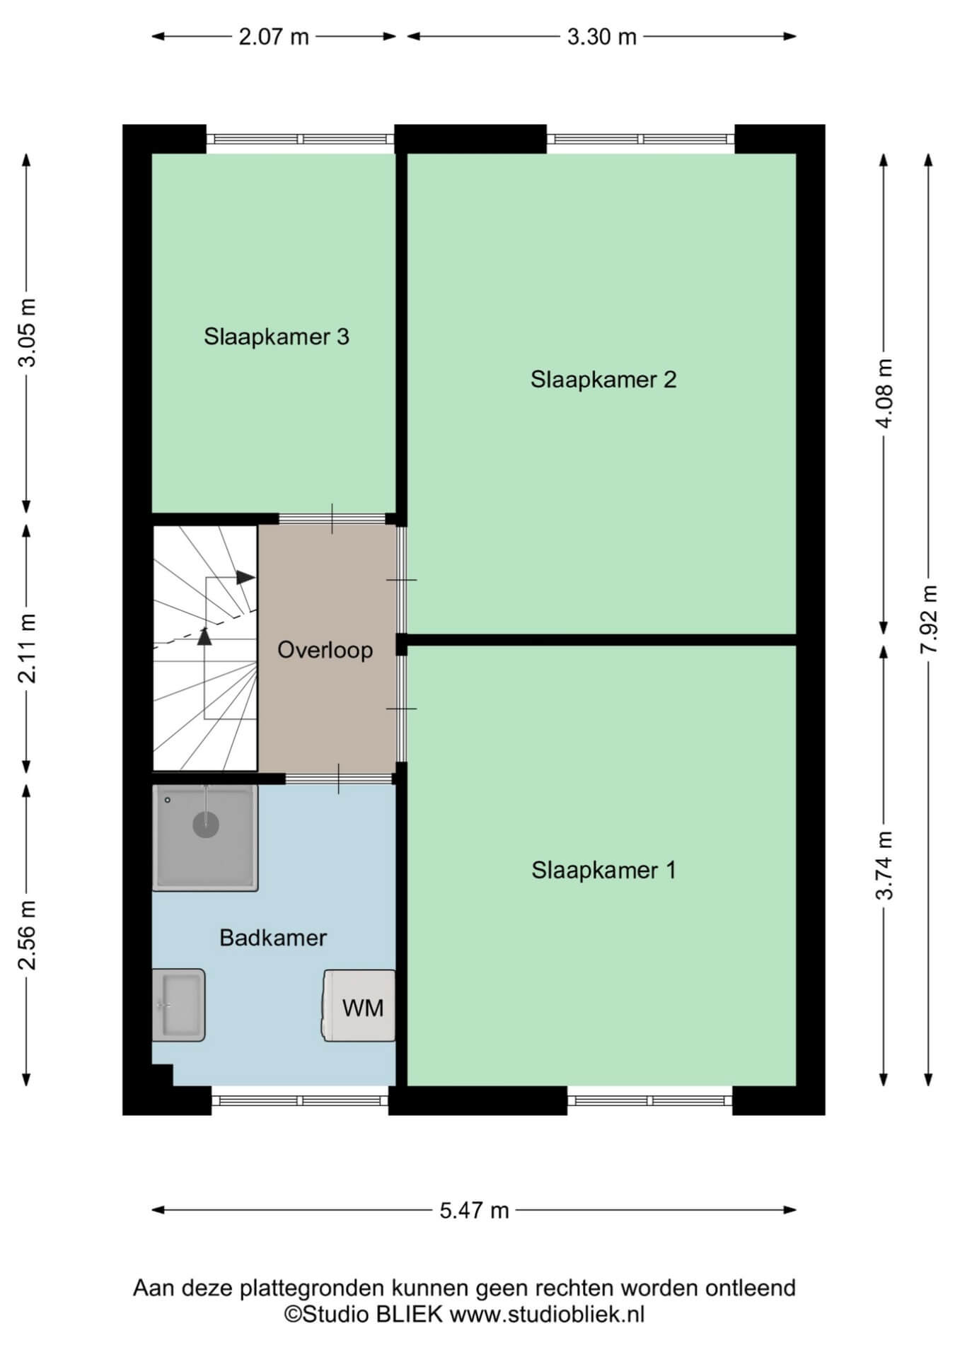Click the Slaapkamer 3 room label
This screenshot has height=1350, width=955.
[x=277, y=337]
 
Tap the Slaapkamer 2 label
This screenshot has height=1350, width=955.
[x=603, y=380]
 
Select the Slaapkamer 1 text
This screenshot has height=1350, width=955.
[x=603, y=871]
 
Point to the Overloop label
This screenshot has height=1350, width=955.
[x=325, y=650]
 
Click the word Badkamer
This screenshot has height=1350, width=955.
[x=273, y=938]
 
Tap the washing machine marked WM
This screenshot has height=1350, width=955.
[x=360, y=1006]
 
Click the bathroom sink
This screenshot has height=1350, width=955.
[x=178, y=1005]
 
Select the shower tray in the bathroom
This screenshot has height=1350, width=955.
[x=205, y=838]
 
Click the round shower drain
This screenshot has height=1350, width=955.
[x=206, y=825]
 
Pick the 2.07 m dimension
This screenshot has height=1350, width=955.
[x=274, y=37]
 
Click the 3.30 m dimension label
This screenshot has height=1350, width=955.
[x=602, y=37]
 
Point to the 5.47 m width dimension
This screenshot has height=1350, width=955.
[x=474, y=1211]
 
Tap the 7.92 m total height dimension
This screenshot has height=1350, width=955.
[x=929, y=619]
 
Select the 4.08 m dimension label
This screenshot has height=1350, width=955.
[x=884, y=393]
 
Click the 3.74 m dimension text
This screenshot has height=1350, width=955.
[x=884, y=865]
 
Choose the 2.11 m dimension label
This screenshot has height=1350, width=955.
[x=27, y=648]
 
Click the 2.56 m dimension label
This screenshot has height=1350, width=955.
[x=27, y=934]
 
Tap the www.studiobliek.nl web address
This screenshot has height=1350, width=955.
[x=548, y=1315]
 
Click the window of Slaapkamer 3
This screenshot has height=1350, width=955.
[x=301, y=139]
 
